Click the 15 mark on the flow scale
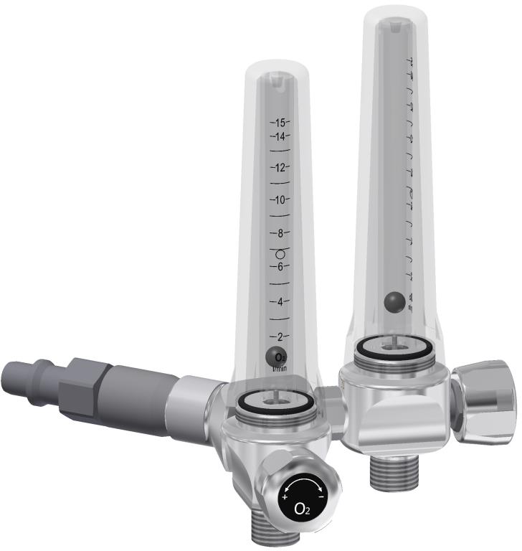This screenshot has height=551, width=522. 279,122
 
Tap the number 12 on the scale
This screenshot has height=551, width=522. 279,167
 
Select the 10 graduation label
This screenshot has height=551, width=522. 279,199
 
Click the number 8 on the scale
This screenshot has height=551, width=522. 279,233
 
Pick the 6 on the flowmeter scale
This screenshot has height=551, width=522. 279,266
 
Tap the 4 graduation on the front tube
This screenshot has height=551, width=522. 279,301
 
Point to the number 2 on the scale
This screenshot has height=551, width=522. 279,336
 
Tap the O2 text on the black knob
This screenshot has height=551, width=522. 303,511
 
